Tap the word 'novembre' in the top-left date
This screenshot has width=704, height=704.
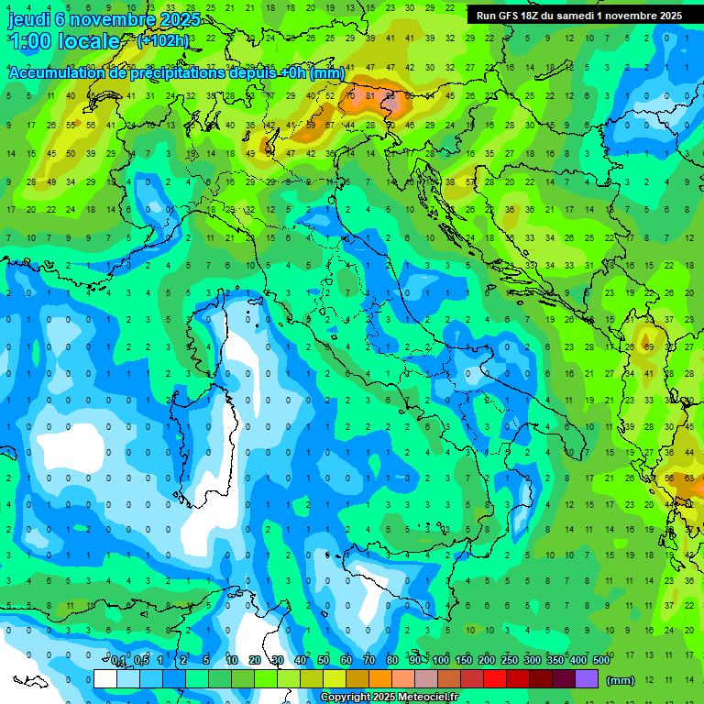pyautogui.click(x=114, y=19)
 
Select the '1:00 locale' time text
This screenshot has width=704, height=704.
pyautogui.click(x=63, y=41)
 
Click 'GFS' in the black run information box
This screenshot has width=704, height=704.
pyautogui.click(x=511, y=16)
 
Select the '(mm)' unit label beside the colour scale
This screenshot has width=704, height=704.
pyautogui.click(x=621, y=680)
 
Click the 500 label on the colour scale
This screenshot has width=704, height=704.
pyautogui.click(x=601, y=660)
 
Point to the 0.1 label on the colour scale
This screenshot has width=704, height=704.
pyautogui.click(x=118, y=660)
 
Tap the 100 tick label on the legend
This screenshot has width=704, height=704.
pyautogui.click(x=441, y=660)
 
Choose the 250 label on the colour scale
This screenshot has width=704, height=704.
pyautogui.click(x=510, y=660)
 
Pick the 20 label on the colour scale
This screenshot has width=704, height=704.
pyautogui.click(x=255, y=660)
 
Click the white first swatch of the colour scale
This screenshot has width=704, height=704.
pyautogui.click(x=105, y=679)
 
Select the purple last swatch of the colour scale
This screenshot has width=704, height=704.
pyautogui.click(x=587, y=679)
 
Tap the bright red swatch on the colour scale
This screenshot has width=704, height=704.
pyautogui.click(x=495, y=679)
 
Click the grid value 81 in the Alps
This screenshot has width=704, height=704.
pyautogui.click(x=369, y=95)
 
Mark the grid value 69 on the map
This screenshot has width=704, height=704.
pyautogui.click(x=649, y=347)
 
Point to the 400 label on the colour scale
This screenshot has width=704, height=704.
pyautogui.click(x=578, y=660)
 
